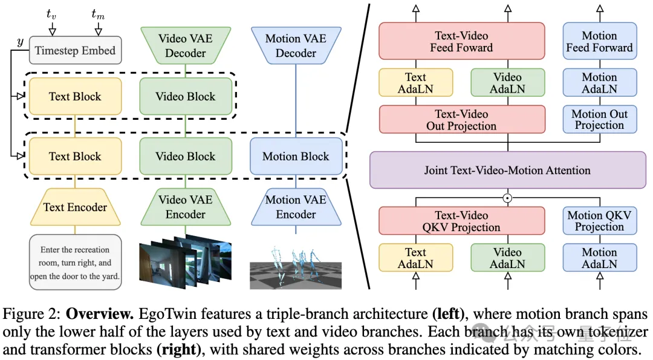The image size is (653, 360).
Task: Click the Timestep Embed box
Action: tap(75, 51)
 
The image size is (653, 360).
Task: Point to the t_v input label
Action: tap(52, 13)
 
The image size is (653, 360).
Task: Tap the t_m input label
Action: tap(97, 13)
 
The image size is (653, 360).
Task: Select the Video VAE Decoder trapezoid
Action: tap(186, 45)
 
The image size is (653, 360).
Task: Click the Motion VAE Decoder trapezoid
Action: tap(296, 45)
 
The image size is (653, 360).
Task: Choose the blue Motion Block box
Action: tap(296, 156)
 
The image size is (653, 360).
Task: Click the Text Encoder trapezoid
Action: tap(75, 207)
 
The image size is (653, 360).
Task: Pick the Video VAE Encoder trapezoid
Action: tap(186, 207)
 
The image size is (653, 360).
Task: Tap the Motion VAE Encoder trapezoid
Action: tap(296, 207)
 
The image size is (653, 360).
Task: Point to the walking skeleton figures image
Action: tap(296, 263)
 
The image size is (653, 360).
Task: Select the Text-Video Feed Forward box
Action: tap(461, 41)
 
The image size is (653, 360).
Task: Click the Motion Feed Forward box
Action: tap(599, 41)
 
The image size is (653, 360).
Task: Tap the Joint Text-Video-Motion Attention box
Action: tap(507, 170)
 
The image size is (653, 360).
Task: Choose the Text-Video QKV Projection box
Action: tap(461, 221)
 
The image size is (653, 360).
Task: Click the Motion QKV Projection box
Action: tap(599, 221)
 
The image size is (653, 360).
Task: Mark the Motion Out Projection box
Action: tap(599, 119)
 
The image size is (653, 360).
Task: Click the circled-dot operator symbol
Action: tap(508, 197)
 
